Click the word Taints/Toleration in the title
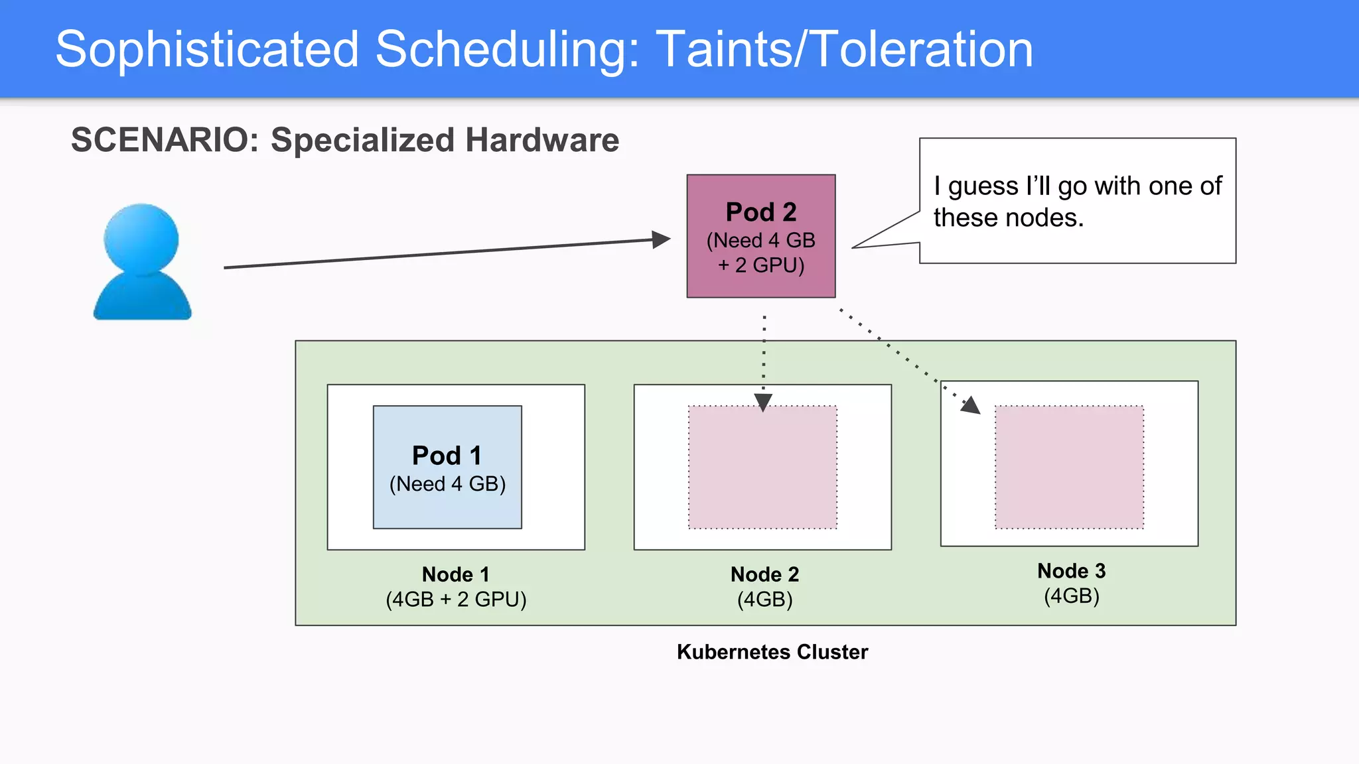(844, 50)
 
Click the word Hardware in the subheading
(541, 140)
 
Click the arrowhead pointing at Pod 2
(660, 239)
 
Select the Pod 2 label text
(760, 212)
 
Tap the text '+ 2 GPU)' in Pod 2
(760, 265)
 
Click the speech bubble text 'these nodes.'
(1008, 218)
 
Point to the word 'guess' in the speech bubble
(983, 186)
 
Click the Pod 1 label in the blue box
(447, 456)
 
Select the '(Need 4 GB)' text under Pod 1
(447, 484)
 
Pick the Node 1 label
(455, 574)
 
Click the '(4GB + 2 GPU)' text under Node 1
(456, 600)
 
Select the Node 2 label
(764, 574)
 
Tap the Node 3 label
(1071, 571)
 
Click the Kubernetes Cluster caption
(772, 652)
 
